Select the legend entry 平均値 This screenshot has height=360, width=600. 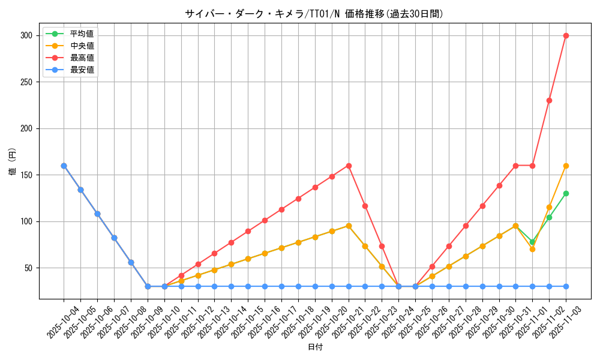[x=82, y=34]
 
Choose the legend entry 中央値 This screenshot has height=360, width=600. [x=82, y=46]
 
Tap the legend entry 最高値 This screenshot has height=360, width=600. [x=82, y=58]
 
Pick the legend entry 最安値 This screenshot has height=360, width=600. [x=82, y=70]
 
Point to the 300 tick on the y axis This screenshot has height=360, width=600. [x=26, y=35]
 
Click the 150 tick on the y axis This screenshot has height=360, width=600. [x=26, y=175]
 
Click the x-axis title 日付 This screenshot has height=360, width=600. [x=314, y=347]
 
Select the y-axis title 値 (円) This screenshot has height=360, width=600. [x=12, y=163]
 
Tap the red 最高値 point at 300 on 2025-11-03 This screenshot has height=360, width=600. [x=566, y=35]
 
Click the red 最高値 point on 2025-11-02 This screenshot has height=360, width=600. [x=549, y=100]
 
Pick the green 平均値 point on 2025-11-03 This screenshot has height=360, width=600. [x=566, y=193]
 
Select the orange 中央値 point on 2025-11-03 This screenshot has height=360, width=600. [x=566, y=166]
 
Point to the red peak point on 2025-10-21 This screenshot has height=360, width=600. [x=349, y=166]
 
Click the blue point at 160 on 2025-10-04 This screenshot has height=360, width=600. [x=64, y=166]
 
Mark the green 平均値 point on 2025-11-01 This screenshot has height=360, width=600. [x=532, y=242]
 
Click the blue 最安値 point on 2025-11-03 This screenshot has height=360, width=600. [x=566, y=286]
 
